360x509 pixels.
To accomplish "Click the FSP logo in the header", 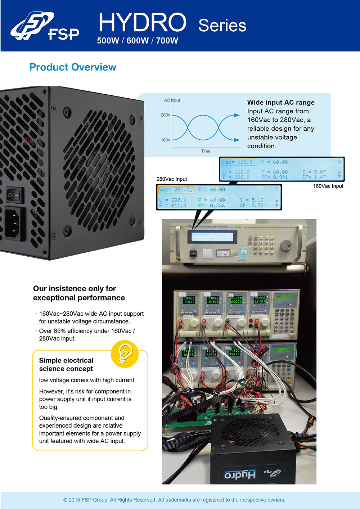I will tap(45, 26).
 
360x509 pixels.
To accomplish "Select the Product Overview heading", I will tap(73, 67).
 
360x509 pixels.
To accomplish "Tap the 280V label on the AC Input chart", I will tap(166, 115).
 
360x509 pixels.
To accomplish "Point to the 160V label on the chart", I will tap(166, 140).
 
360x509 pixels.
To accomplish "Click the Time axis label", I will tap(206, 151).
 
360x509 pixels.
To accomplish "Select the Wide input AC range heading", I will tap(281, 103).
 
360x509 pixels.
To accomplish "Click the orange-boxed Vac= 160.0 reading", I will tap(239, 162).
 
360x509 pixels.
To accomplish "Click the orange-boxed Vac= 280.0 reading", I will tap(176, 189).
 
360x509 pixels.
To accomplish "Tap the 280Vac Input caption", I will tap(172, 179).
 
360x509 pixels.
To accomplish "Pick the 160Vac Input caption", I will tap(328, 186).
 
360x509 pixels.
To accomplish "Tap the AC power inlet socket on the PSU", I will tap(14, 223).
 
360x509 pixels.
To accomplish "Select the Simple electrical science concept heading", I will tap(66, 364).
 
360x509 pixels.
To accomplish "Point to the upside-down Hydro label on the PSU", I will tap(240, 474).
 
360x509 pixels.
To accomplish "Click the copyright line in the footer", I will tap(174, 500).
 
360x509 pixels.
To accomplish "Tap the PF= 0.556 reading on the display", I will tap(211, 206).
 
